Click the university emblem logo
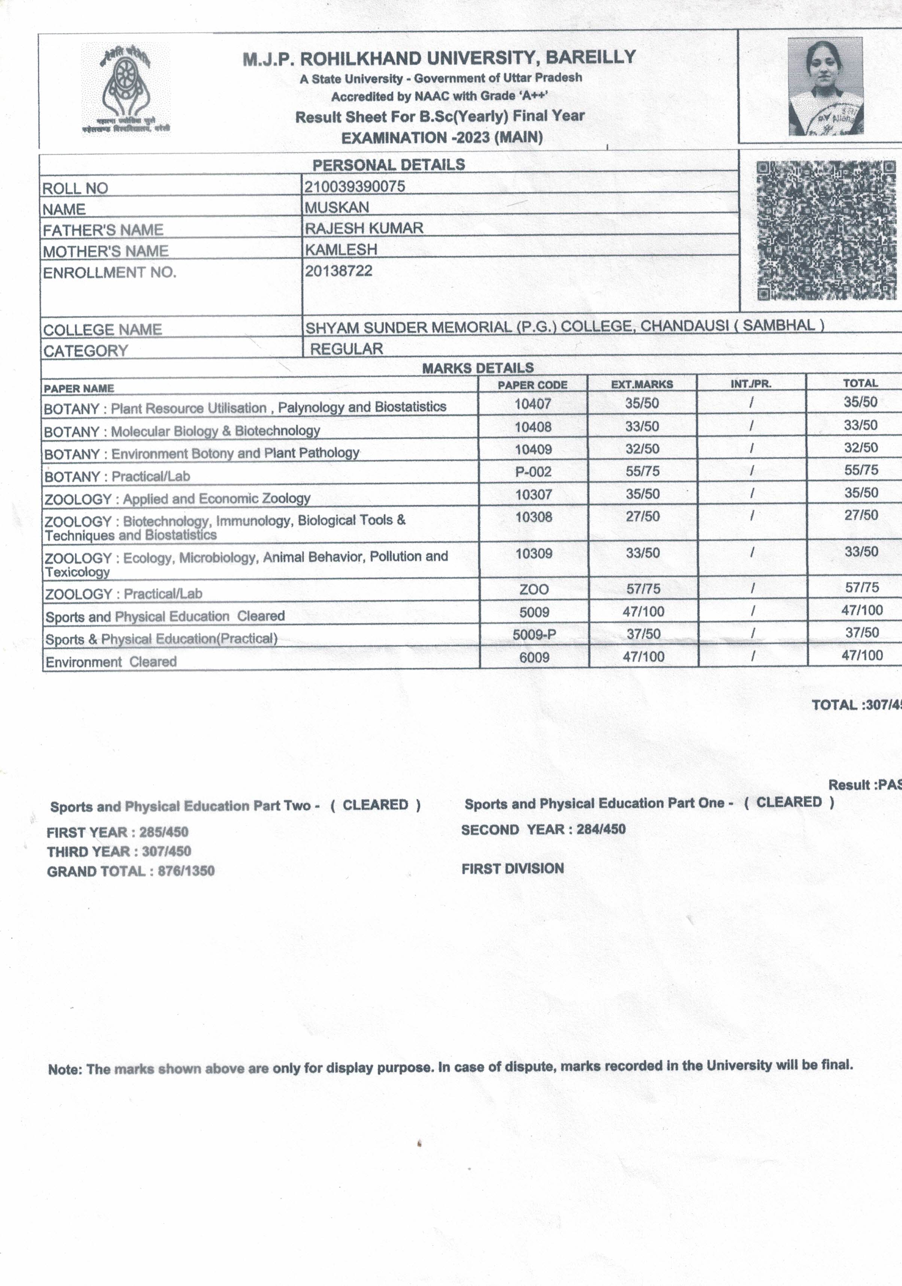pos(125,88)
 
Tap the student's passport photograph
pos(825,87)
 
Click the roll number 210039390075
pos(355,186)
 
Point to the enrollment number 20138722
pos(338,271)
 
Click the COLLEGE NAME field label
pos(103,330)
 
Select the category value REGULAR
pos(346,349)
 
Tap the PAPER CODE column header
pos(532,385)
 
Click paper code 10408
pos(533,427)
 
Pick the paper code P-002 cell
pos(533,472)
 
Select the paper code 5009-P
pos(534,634)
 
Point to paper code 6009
pos(534,657)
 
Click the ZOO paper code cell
pos(534,589)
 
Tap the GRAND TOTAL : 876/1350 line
pos(131,871)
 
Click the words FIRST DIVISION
pos(513,869)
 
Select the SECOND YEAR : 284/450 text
pos(543,829)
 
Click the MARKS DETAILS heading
pos(477,368)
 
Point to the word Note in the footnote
pos(64,1069)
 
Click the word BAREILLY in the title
pos(590,57)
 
